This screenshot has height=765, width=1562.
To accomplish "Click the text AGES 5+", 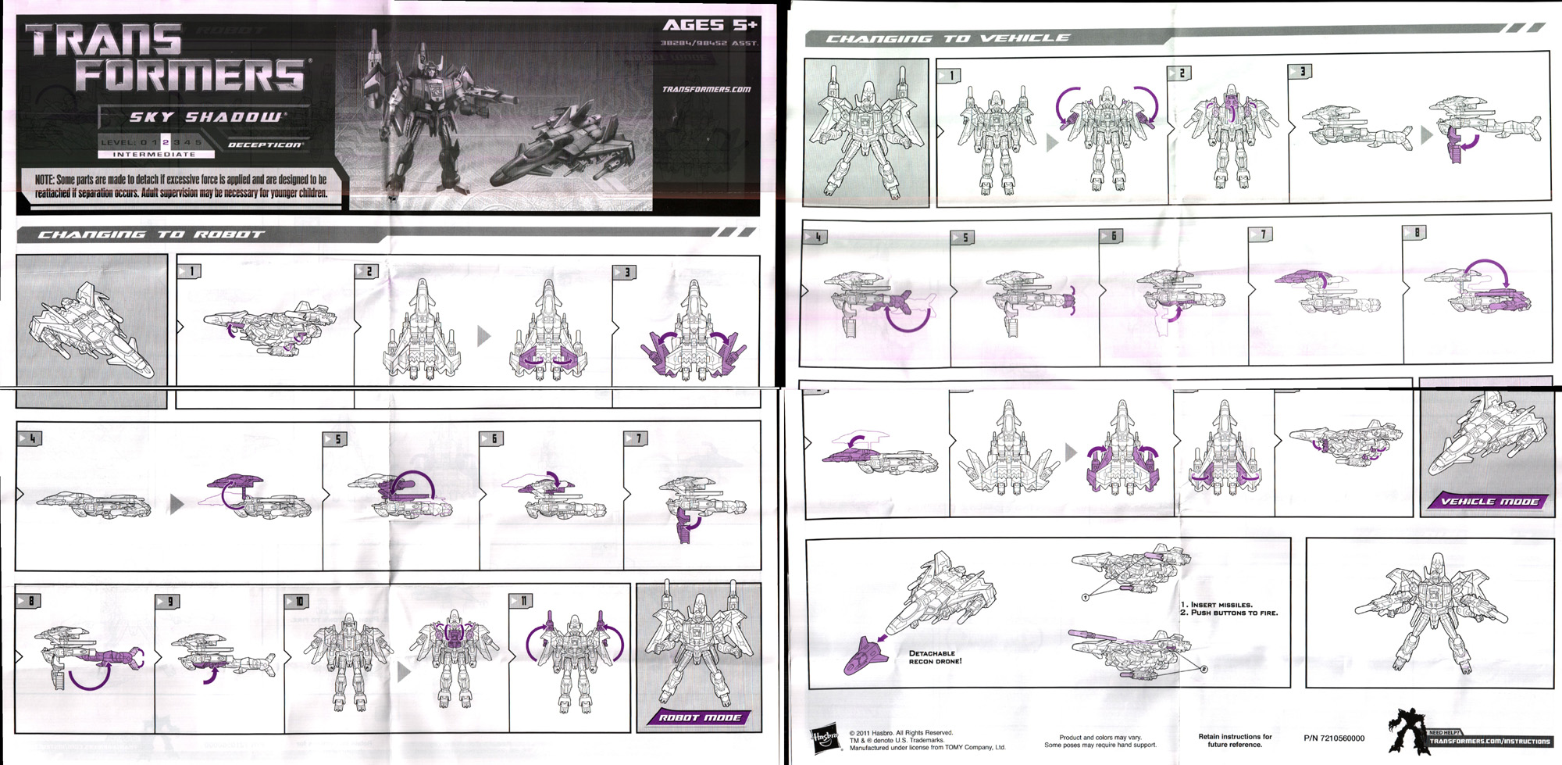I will tap(708, 25).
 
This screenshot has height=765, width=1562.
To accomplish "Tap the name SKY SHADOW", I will tap(205, 117).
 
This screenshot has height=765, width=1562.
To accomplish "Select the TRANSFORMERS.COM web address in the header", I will tap(706, 89).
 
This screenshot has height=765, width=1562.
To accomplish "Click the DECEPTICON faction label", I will tap(265, 145).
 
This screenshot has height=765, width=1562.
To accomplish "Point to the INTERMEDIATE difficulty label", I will tap(154, 155).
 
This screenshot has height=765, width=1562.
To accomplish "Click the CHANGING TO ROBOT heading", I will tap(152, 234).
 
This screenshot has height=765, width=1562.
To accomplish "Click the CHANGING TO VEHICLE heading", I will tap(947, 38).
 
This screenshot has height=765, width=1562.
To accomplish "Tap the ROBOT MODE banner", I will tap(700, 717).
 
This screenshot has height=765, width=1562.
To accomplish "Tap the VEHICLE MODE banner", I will tap(1489, 502).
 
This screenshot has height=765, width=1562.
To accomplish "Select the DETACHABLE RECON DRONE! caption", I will tap(935, 657).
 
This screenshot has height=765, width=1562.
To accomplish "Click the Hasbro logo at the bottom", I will tap(825, 740).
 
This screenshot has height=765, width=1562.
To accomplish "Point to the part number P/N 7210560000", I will tap(1334, 738).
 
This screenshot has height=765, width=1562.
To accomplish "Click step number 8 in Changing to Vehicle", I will tap(1415, 232).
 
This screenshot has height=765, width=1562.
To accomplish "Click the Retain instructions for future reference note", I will tap(1235, 740).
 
